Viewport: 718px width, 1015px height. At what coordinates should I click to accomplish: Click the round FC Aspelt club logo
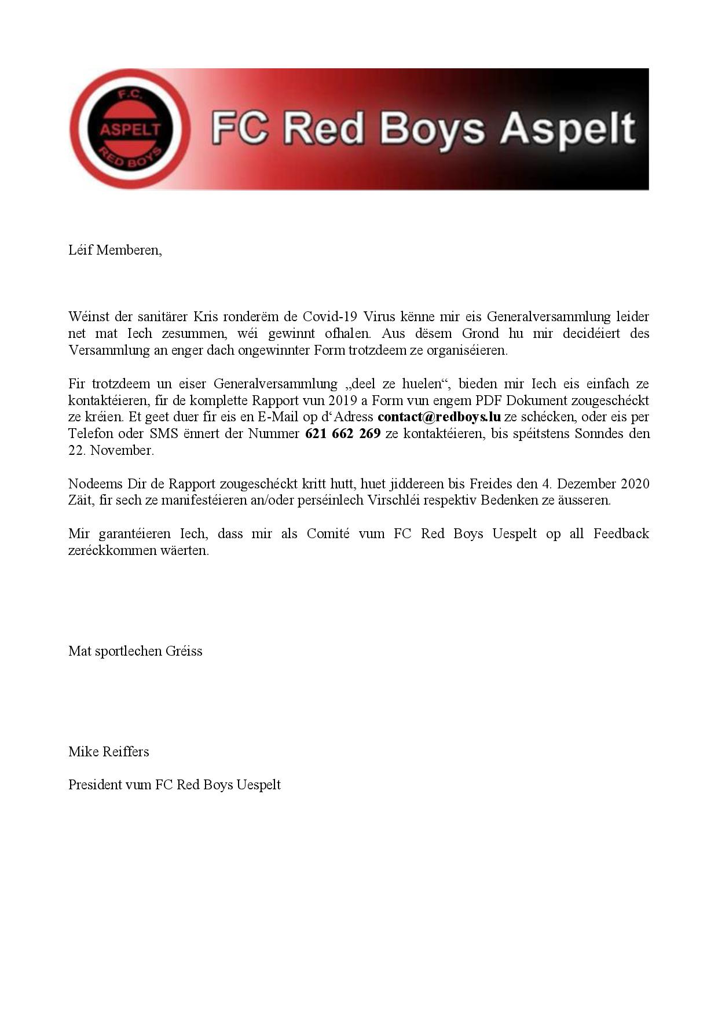click(x=130, y=128)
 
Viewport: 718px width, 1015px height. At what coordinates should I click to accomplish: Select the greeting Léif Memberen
click(x=115, y=250)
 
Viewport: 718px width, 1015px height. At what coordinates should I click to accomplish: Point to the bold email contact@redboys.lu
click(x=439, y=417)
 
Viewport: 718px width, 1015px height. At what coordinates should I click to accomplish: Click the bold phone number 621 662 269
click(x=343, y=433)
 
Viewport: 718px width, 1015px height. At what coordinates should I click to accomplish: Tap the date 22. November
click(x=111, y=450)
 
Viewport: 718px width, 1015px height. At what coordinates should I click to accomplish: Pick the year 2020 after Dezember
click(x=635, y=483)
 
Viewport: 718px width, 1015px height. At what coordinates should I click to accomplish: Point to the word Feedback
click(x=621, y=534)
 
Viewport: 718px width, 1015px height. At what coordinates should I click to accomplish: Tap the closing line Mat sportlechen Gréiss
click(x=135, y=651)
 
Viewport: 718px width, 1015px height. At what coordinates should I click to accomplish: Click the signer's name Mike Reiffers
click(x=109, y=752)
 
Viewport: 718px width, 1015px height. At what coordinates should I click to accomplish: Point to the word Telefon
click(x=91, y=433)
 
